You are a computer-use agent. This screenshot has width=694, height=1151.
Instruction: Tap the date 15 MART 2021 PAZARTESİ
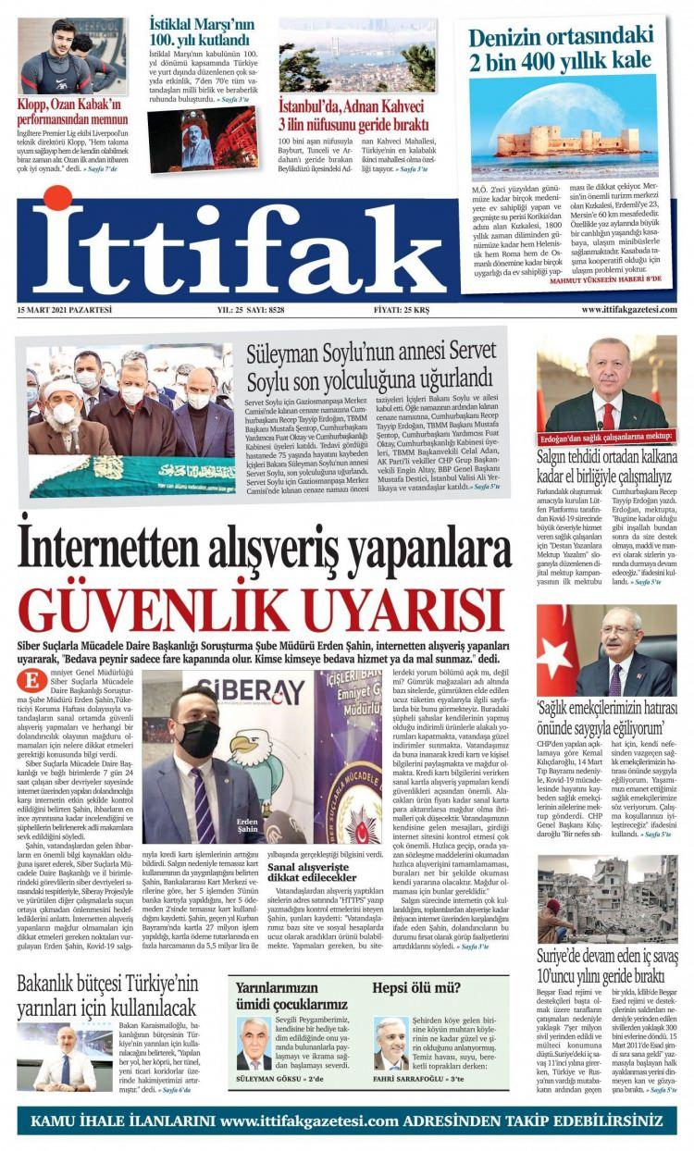click(64, 310)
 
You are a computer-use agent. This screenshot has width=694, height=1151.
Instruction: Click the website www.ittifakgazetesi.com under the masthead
click(628, 310)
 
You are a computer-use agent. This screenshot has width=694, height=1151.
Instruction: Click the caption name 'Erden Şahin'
click(246, 825)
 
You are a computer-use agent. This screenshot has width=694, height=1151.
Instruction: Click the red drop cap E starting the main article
click(31, 680)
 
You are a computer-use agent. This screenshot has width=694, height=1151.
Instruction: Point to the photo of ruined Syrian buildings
click(606, 897)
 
